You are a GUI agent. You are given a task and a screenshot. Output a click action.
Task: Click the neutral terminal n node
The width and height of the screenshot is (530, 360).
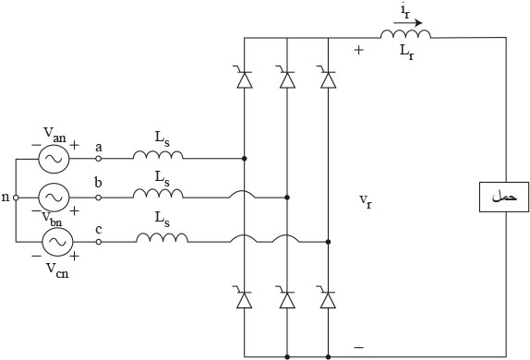pos(16,198)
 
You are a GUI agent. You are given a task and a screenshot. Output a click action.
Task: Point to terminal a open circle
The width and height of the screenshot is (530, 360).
pos(99,158)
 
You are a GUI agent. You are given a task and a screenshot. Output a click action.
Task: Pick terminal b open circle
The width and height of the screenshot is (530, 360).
pos(99,198)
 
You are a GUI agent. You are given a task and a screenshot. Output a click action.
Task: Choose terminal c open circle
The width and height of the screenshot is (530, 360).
pos(99,242)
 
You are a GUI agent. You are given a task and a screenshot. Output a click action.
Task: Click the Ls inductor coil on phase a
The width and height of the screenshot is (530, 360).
pos(158,154)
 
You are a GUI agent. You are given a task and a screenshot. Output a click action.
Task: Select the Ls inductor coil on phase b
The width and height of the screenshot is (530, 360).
pos(158,193)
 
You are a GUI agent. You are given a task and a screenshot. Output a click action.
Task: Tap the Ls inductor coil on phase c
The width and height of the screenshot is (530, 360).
pos(162,237)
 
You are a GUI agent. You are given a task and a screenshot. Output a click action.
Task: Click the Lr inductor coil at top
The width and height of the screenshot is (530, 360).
pos(405,34)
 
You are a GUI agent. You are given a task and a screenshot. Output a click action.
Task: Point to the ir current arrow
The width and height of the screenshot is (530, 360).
pos(408,23)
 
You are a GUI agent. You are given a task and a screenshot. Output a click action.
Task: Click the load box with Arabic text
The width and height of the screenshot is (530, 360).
pos(504,197)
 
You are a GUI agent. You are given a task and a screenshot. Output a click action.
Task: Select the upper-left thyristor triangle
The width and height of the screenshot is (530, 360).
pos(245,80)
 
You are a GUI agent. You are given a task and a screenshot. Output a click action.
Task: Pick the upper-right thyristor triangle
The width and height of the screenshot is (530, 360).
pos(328,80)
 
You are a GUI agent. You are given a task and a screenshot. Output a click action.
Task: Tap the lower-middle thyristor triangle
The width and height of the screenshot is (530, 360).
pos(287,300)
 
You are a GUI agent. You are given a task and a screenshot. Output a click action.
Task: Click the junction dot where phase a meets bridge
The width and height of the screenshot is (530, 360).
pos(245,158)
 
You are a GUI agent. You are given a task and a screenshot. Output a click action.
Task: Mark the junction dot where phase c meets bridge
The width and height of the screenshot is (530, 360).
pos(328,242)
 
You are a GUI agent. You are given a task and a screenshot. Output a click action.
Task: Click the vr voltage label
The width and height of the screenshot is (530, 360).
pos(366,201)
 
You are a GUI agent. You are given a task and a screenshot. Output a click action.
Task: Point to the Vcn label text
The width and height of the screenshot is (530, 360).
pos(57,270)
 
